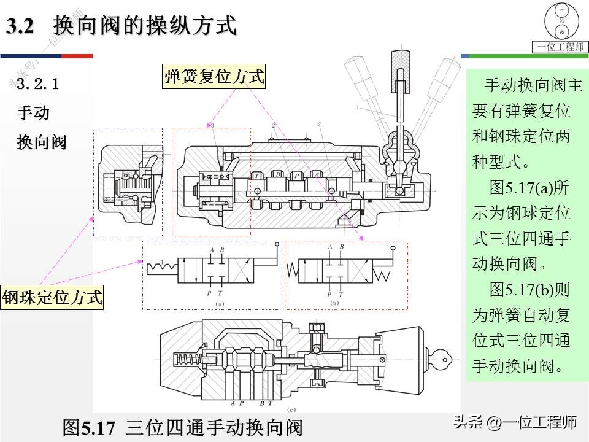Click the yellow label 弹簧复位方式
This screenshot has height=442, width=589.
click(214, 77)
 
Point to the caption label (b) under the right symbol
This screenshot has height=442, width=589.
click(335, 303)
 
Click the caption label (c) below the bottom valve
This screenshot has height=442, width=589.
click(292, 409)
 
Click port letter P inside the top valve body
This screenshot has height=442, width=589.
click(296, 175)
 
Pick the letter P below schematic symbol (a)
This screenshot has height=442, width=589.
click(209, 294)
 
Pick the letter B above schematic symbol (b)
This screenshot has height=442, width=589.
click(341, 247)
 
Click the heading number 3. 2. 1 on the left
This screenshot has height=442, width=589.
click(38, 84)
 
